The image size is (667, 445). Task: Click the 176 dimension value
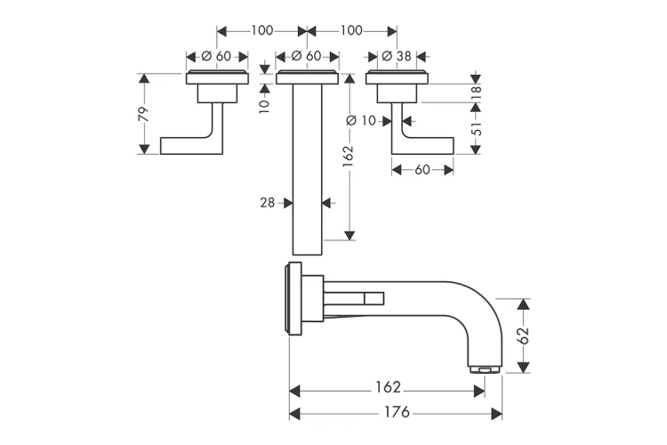coord(397,412)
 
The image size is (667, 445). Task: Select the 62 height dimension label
coord(524,336)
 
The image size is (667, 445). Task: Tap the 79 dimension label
coord(144,114)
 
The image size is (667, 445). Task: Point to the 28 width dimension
coord(268,203)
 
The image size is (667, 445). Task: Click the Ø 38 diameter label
coord(397,56)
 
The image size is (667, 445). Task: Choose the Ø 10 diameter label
coord(362,121)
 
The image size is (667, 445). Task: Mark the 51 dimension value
coord(477,128)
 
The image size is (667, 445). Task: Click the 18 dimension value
coord(477,93)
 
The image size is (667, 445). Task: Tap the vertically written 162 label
coord(349,158)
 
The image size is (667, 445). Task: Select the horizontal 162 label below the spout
coord(389,387)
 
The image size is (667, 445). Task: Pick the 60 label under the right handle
coord(422,169)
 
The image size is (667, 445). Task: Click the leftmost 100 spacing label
coord(261,30)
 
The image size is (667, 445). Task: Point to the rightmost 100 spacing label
coord(352,30)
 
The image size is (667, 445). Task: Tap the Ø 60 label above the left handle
coord(216,56)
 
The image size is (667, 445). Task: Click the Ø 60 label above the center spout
coord(306,56)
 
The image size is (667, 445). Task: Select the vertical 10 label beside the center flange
coord(264,104)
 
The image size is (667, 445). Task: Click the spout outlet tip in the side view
coord(486,369)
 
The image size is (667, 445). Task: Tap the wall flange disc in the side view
coord(294,299)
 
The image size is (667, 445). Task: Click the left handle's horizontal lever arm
coord(186,146)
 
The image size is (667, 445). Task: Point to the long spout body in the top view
coord(307,169)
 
